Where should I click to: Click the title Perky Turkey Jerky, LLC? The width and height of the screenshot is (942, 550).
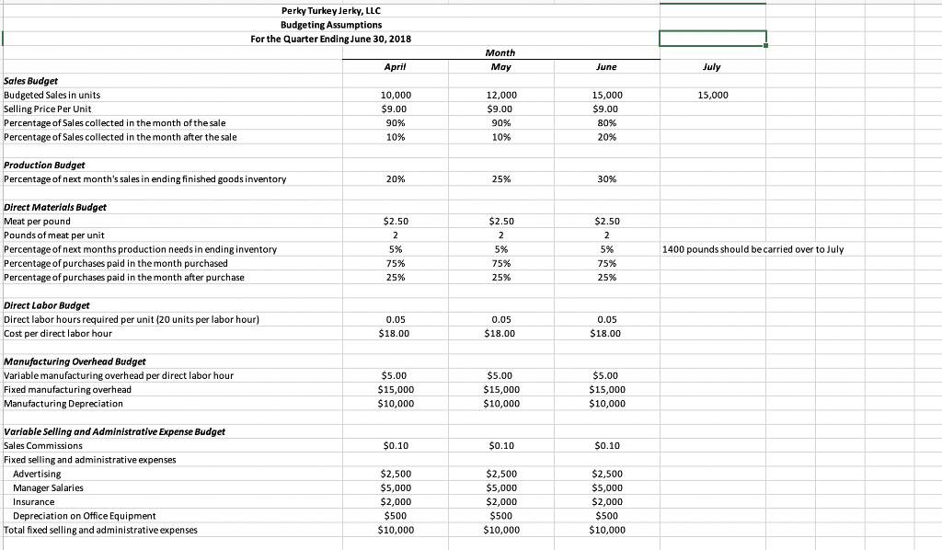coord(330,10)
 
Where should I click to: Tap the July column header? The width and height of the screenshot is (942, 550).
coord(711,67)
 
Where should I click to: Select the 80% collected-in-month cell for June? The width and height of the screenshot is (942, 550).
coord(606,123)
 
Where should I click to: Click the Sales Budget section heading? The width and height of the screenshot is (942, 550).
coord(31,81)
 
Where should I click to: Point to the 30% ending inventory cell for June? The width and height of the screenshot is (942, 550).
coord(606,179)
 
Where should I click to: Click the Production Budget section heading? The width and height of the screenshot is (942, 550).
coord(44,165)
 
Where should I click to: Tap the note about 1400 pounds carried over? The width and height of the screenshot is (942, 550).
coord(752,249)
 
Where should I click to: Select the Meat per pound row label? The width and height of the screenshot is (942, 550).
coord(38,221)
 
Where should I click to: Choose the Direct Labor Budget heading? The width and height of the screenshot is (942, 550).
coord(46,304)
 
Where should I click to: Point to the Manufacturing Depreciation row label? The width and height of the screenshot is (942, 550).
coord(63,403)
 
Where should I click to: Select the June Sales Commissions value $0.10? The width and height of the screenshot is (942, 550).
coord(606,446)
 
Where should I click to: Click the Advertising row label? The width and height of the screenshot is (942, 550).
coord(37,474)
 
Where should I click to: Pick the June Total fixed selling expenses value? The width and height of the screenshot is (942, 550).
coord(606,530)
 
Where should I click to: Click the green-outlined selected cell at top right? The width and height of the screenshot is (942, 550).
coord(712,38)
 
